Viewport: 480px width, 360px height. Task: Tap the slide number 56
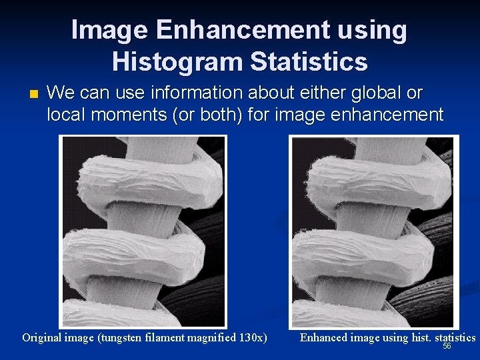pyautogui.click(x=447, y=346)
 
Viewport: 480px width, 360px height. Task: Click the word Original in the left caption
pyautogui.click(x=43, y=337)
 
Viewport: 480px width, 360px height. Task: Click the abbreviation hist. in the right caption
pyautogui.click(x=421, y=337)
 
